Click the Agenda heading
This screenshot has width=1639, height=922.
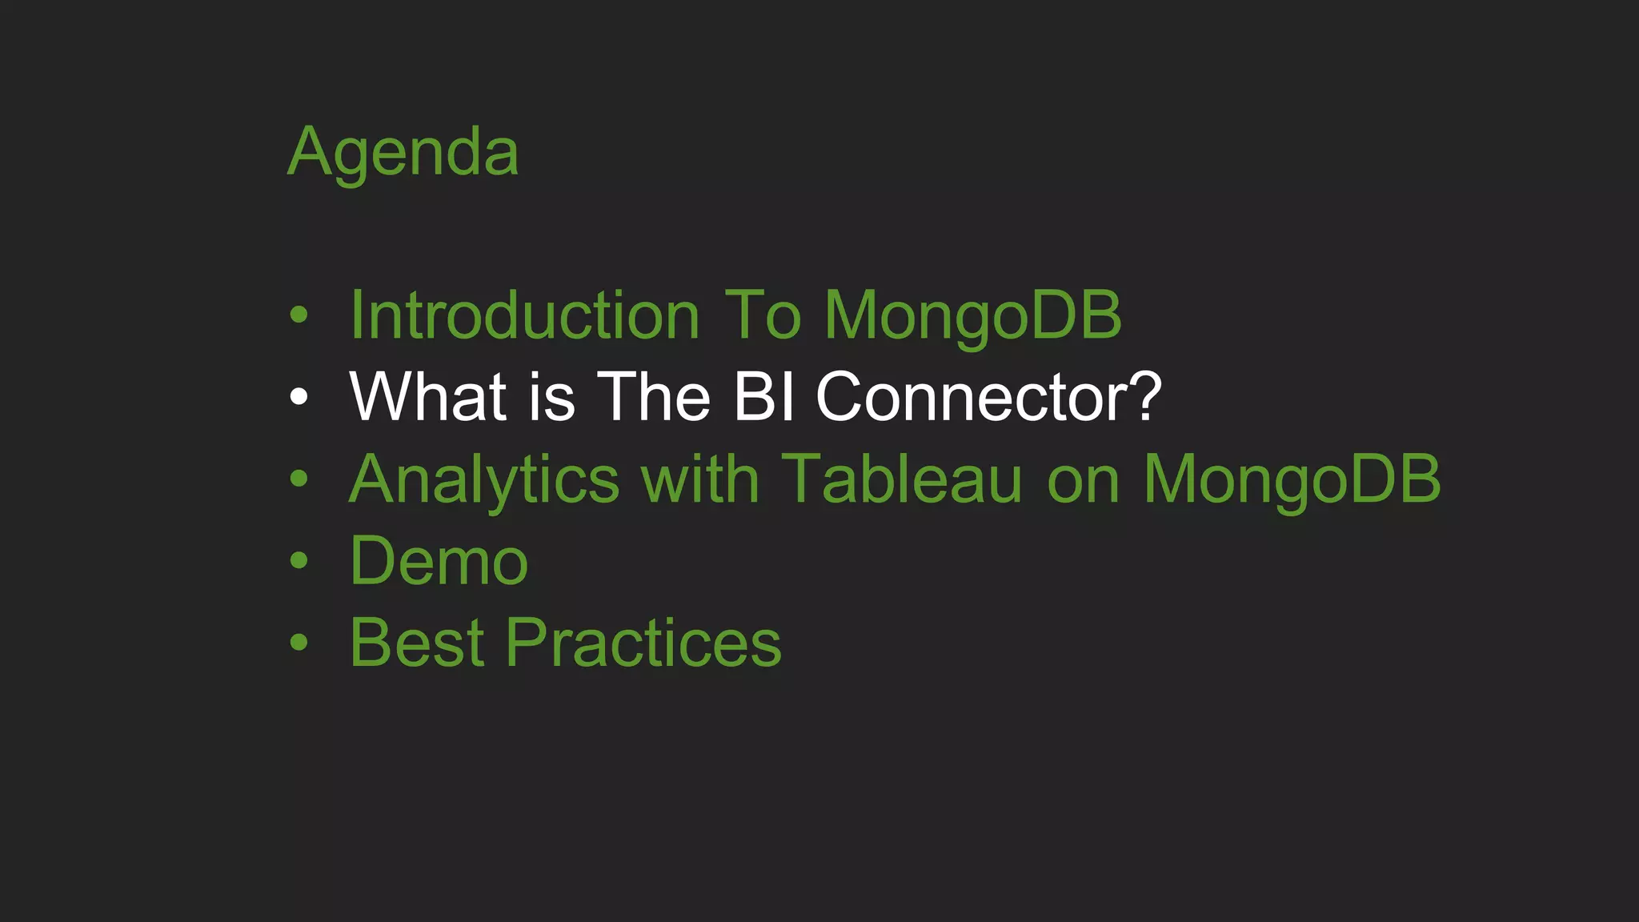(403, 154)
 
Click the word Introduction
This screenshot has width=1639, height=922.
(525, 316)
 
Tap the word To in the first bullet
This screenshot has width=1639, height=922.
(762, 316)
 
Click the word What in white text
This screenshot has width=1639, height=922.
(428, 397)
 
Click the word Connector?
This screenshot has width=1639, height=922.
(988, 397)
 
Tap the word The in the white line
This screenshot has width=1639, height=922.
(654, 397)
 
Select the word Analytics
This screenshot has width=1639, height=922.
(484, 481)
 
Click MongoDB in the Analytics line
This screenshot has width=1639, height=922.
(1292, 481)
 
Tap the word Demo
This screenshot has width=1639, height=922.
(439, 562)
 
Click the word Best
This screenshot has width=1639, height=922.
(417, 643)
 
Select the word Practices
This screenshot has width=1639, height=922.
(643, 643)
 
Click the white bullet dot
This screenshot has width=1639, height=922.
(299, 397)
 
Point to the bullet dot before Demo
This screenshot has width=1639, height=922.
(299, 561)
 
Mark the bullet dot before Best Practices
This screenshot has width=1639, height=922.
(299, 643)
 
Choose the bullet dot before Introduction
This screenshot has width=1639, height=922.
(299, 315)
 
